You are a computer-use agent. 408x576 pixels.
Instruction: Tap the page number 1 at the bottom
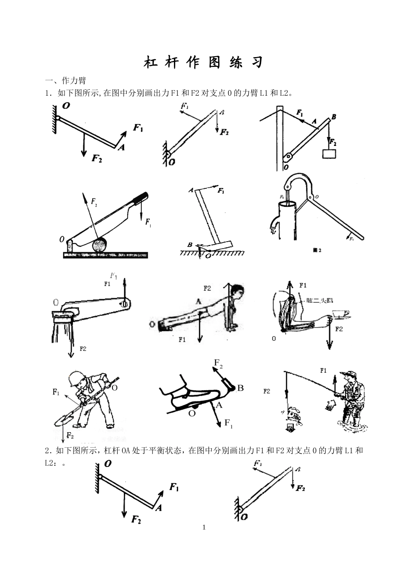click(204, 527)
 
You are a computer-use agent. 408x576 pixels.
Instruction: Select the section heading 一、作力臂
click(66, 80)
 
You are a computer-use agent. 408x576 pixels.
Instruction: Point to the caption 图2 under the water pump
click(317, 250)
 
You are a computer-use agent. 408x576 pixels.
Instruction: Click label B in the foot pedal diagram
click(241, 388)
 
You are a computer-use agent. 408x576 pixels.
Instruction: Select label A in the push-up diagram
click(198, 302)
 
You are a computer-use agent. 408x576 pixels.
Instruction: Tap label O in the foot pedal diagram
click(192, 413)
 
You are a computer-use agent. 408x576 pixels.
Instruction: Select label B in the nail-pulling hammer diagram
click(189, 245)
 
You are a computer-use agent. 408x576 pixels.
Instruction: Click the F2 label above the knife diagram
click(94, 200)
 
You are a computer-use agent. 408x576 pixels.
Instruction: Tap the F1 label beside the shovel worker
click(56, 391)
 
